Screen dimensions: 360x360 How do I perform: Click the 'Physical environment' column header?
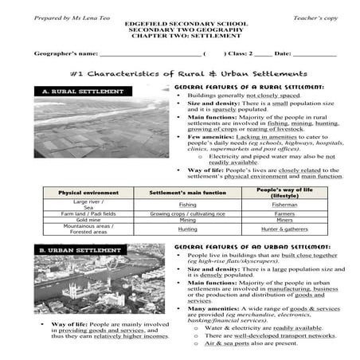pos(86,193)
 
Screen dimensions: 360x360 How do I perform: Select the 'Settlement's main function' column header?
pos(187,193)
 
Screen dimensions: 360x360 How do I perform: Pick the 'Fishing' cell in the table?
pos(187,205)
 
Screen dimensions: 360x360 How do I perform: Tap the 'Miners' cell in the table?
pos(284,220)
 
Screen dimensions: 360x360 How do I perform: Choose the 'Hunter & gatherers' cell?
pos(284,229)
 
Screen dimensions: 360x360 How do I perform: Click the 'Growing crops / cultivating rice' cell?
pos(187,213)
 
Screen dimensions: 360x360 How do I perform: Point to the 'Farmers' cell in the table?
pos(284,213)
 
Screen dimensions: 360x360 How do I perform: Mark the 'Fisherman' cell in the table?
pos(284,205)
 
